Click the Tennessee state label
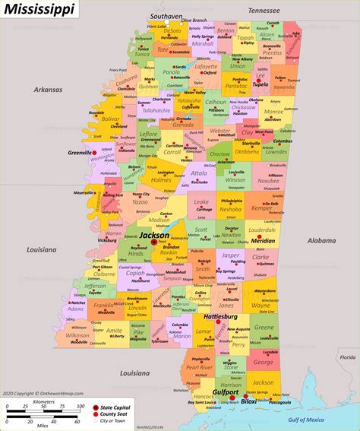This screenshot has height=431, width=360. click(263, 11)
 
